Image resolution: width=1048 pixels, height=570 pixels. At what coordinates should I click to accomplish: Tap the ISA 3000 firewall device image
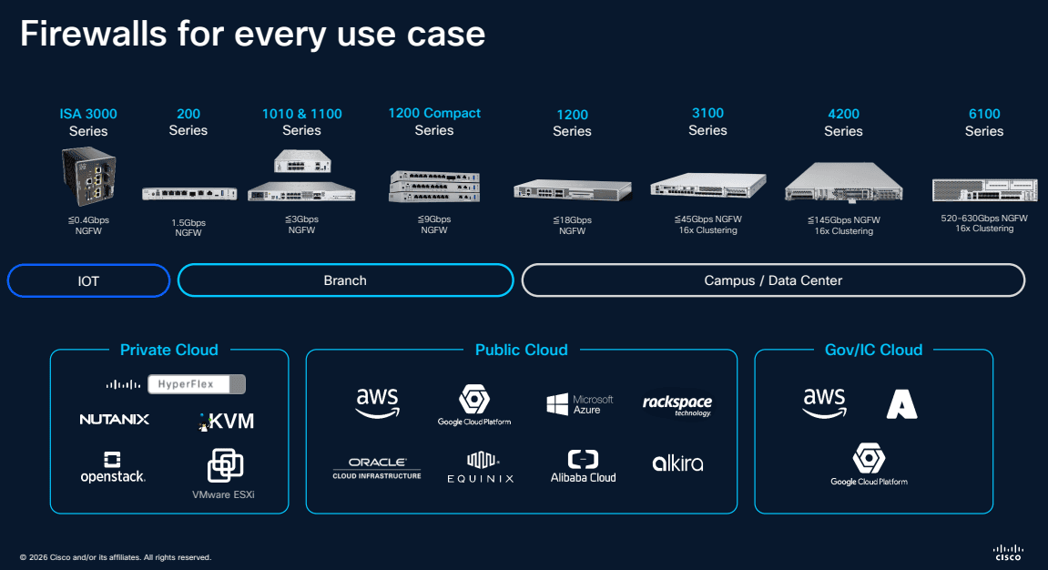pos(87,178)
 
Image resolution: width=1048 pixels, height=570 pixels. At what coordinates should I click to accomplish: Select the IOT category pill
pos(88,280)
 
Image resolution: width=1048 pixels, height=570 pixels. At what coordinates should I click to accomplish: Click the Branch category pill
pos(345,280)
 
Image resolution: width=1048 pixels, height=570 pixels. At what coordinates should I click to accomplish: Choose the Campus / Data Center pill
pos(773,280)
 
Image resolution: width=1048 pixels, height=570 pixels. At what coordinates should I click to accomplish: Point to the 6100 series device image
pos(984,189)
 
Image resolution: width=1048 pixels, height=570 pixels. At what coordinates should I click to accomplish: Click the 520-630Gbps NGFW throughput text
pos(984,219)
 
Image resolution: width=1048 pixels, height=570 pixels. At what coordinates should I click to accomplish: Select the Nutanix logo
pos(114,420)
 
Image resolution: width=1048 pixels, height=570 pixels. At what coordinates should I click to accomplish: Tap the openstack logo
pos(113,467)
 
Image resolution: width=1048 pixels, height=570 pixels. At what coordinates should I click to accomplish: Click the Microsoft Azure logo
pos(579,405)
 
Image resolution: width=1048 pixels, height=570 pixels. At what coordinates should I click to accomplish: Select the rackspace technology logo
pos(677,405)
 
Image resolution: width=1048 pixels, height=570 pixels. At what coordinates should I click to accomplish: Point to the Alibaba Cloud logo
pos(583,466)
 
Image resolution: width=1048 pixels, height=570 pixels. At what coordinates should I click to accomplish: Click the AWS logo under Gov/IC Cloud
pos(823,402)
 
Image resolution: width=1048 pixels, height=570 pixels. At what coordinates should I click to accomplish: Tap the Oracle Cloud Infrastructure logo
pos(377,468)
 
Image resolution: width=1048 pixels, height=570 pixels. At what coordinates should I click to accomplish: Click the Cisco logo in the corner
pos(1008,552)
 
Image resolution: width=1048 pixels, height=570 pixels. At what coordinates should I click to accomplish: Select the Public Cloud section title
pos(521,350)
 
